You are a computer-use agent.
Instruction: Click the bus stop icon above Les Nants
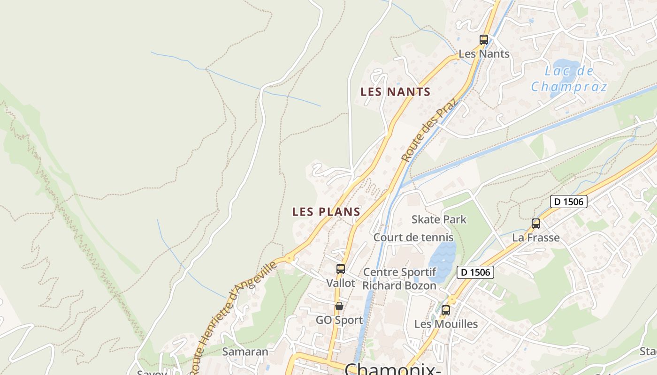484,40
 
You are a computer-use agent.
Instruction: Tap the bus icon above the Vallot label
341,269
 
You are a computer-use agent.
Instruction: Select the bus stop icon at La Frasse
536,224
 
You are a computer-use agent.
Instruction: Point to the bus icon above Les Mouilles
445,310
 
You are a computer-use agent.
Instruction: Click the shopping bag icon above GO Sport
339,306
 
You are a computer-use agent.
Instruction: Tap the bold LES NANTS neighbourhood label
395,92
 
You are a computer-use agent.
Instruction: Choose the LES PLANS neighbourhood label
326,212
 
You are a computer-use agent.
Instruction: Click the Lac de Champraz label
569,79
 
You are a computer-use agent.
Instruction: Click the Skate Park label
439,219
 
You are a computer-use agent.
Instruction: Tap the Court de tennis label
413,238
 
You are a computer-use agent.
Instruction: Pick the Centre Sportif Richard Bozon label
400,279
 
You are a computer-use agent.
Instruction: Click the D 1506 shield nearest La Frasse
569,202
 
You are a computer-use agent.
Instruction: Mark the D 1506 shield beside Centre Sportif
475,272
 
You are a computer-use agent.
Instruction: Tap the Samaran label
245,352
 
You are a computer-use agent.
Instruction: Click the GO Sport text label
339,320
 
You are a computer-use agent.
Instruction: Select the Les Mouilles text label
446,324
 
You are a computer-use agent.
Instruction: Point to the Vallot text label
341,283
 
